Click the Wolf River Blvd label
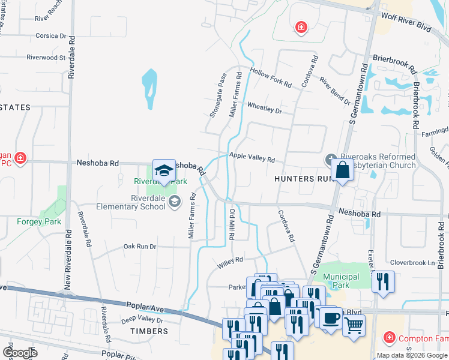(406, 28)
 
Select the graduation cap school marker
(164, 171)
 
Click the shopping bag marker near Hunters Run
(342, 170)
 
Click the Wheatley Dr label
(264, 107)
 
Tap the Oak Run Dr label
(139, 246)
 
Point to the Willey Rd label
(230, 260)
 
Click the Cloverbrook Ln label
(412, 263)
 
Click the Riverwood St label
(46, 58)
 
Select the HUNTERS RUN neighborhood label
(303, 179)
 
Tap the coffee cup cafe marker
(331, 318)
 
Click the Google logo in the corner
(20, 352)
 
